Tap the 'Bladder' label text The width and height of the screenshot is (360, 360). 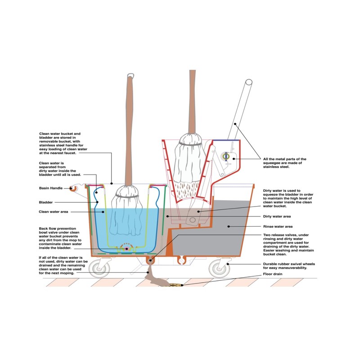click(46, 202)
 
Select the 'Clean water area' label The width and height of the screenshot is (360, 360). click(53, 211)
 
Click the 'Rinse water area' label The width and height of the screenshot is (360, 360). click(278, 226)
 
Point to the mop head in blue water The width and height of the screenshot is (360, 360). click(129, 211)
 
